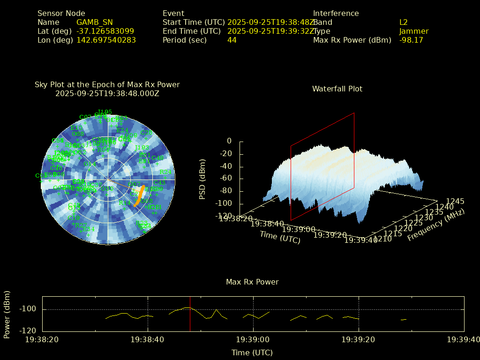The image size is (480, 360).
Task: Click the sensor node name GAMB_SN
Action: (x=94, y=22)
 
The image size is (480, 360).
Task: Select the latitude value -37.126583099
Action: (x=105, y=31)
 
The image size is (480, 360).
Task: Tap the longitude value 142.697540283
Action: (x=106, y=40)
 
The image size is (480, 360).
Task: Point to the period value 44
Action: (x=232, y=40)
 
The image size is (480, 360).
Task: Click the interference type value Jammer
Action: (x=414, y=31)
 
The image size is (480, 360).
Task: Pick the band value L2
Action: (x=403, y=22)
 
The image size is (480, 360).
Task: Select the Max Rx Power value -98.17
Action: (x=411, y=40)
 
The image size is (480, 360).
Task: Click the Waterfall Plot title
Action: (x=337, y=89)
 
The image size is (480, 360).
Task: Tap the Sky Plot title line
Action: (x=107, y=85)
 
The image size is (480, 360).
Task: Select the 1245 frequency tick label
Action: (x=455, y=202)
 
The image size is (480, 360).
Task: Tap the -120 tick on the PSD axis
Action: (x=223, y=216)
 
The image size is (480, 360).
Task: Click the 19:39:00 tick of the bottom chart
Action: (x=253, y=339)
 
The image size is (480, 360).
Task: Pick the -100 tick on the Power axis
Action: (x=28, y=309)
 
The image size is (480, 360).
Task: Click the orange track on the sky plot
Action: (x=139, y=196)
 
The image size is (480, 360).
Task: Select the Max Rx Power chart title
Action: (x=252, y=282)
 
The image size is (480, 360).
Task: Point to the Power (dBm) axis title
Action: (x=7, y=314)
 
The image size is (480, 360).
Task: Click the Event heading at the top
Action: (x=173, y=14)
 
